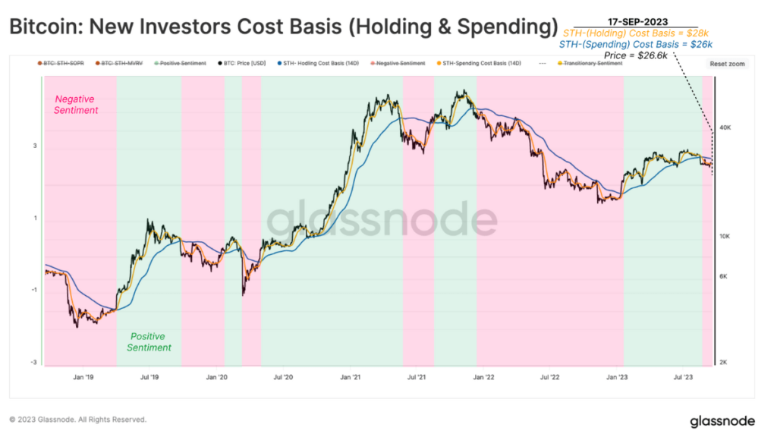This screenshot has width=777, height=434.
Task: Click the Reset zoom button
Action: [728, 64]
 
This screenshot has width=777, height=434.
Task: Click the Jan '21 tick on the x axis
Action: [350, 376]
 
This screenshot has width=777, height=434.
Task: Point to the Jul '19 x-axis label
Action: [149, 376]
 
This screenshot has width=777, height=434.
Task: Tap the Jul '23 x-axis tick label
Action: [684, 376]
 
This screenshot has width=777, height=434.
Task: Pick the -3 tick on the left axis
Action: [34, 363]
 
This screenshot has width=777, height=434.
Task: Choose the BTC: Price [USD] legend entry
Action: [243, 63]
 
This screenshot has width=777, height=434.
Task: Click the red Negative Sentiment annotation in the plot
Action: [76, 105]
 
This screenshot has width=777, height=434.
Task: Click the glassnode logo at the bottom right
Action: [722, 420]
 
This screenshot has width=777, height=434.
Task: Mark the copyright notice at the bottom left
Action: [77, 420]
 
